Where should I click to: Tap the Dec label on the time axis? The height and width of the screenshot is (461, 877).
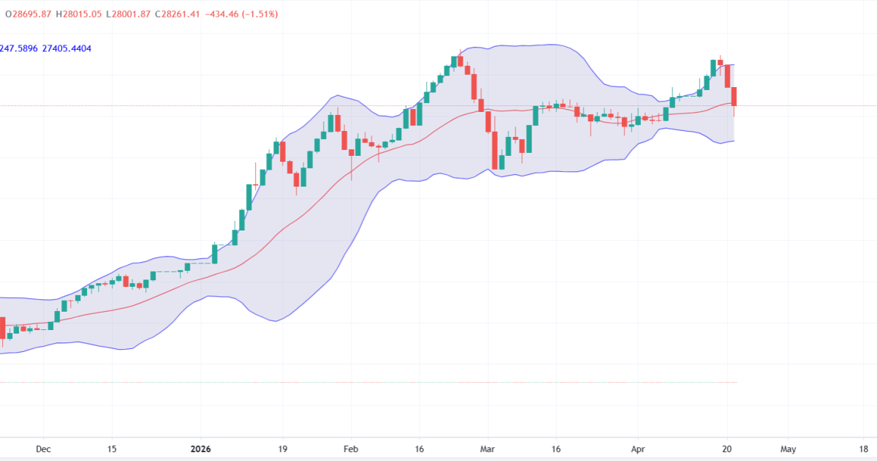tap(43, 449)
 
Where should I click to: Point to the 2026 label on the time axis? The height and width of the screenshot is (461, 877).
tap(200, 449)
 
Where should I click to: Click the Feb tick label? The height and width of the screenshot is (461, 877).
tap(351, 449)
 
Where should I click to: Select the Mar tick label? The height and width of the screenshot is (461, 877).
tap(487, 449)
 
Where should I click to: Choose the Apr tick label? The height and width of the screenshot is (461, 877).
tap(638, 449)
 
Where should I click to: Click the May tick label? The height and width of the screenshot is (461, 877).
tap(788, 449)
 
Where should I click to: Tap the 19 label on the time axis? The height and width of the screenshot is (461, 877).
tap(283, 449)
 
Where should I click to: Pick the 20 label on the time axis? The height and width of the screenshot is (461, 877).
tap(726, 449)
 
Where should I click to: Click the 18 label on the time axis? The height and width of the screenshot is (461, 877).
tap(863, 449)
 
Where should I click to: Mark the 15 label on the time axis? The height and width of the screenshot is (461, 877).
tap(112, 449)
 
